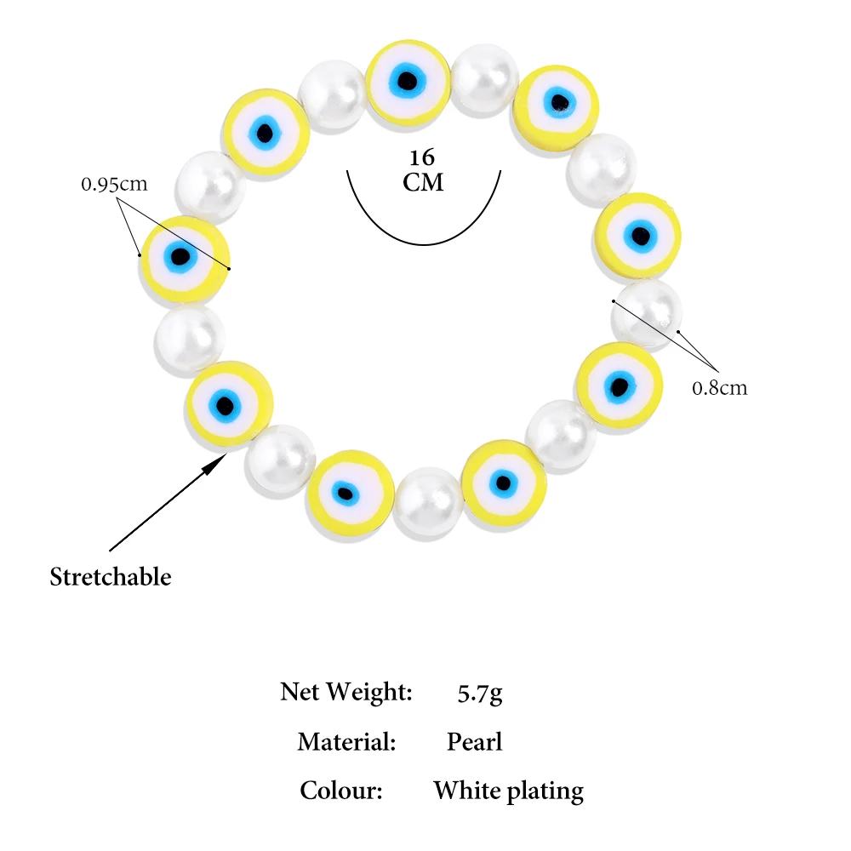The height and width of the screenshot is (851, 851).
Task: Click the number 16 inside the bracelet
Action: point(422,158)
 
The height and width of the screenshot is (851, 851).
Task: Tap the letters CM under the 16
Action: point(423,182)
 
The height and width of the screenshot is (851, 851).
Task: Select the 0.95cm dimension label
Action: point(114,183)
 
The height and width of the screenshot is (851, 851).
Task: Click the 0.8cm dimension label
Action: point(719,388)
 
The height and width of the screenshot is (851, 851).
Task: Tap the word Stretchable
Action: point(111,577)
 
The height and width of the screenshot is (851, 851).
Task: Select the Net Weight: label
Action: point(346,691)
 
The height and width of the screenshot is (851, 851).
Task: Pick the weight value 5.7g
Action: point(480,692)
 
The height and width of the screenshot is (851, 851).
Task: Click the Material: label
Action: point(347,742)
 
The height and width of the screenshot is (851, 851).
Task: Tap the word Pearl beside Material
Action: point(475,742)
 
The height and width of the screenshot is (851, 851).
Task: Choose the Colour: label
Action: point(341,791)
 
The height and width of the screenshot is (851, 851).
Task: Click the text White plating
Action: point(508,791)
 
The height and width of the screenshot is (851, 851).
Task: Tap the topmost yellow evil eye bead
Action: point(408,82)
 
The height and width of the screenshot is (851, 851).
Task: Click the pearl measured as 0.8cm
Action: point(646,315)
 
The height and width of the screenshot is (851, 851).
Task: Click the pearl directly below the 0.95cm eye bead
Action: point(190,337)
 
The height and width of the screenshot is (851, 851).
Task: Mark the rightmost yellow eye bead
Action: point(639,235)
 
